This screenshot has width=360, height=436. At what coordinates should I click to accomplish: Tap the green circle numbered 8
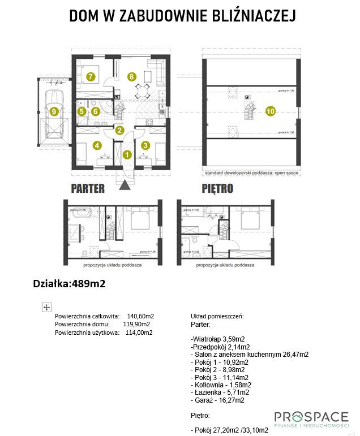pos(131,76)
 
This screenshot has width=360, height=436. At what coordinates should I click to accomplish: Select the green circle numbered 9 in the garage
pos(54,111)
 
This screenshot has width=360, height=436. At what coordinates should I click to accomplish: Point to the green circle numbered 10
pos(271,111)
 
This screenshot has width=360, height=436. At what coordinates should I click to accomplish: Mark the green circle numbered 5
pos(82,111)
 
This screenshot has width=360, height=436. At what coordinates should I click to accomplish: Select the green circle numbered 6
pos(95,111)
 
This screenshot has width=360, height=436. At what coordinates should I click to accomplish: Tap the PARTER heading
pos(88,189)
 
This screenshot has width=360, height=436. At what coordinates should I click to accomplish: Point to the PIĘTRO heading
pos(217,189)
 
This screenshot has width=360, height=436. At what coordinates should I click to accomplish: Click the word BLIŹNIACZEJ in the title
pos(247,16)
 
